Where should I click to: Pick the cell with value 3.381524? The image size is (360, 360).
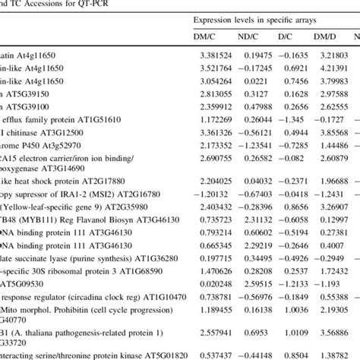pyautogui.click(x=216, y=55)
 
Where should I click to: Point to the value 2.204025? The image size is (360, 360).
pyautogui.click(x=216, y=181)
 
